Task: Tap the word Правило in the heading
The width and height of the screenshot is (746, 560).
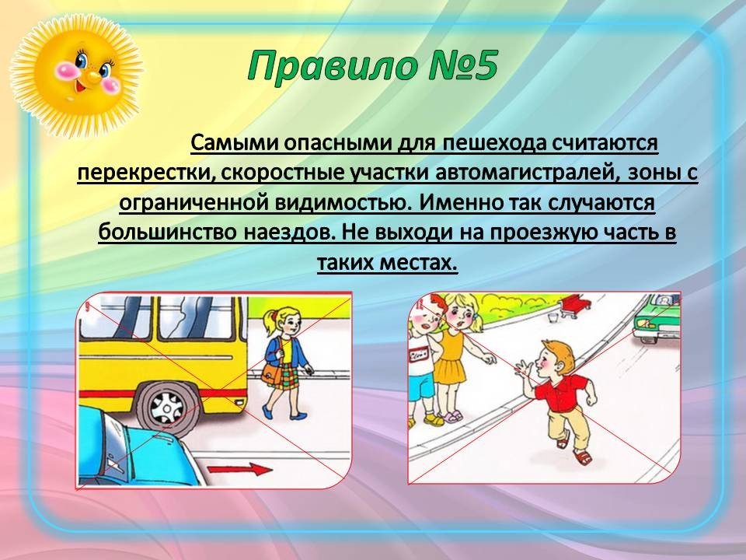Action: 322,66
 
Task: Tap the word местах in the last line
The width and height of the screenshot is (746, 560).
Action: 419,263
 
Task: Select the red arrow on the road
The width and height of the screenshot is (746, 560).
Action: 241,470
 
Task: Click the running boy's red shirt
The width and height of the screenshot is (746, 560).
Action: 559,390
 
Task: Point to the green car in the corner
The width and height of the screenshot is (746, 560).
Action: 657,317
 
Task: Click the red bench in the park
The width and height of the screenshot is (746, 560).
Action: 574,305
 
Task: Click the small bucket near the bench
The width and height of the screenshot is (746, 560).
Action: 552,317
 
